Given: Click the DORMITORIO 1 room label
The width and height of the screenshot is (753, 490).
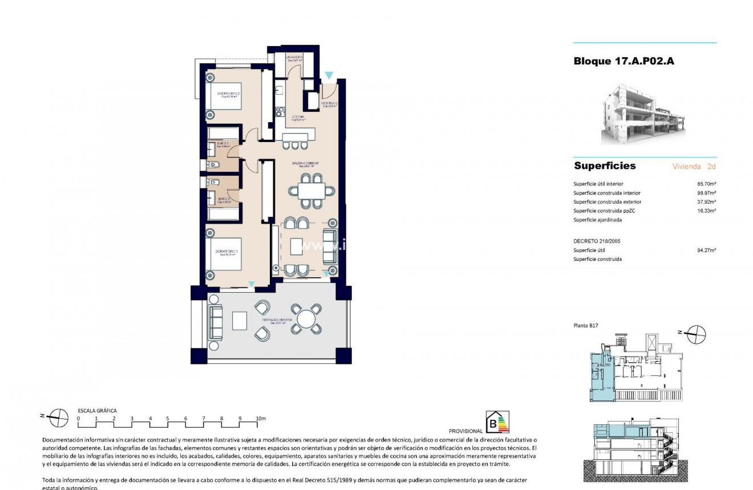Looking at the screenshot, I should coord(227,252).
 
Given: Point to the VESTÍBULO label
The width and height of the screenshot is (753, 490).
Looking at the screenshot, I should coord(330,104).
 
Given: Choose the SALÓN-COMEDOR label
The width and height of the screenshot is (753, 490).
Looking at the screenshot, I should coord(305,164).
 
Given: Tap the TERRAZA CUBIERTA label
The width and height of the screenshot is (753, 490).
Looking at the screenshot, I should coord(277,321).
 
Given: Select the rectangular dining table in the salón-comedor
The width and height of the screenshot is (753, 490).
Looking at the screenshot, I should coord(311,191).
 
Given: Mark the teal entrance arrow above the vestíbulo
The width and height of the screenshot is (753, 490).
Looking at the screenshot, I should coord(329,75).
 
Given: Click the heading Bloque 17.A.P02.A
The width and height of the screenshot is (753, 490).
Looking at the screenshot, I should coord(624,61).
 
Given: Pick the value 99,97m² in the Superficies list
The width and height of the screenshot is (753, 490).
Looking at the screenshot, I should coord(707,193).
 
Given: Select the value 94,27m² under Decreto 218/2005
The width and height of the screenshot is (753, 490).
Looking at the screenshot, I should coord(707,250).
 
